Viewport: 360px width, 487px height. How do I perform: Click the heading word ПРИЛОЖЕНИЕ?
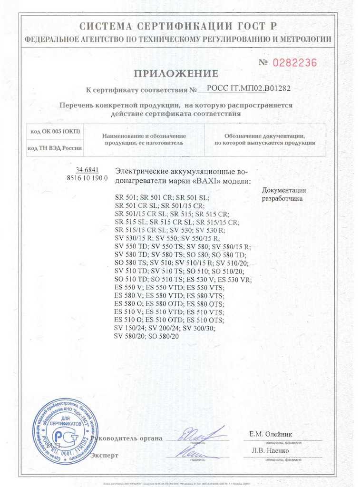(176, 73)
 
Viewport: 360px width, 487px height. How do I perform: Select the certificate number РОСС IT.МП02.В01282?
(249, 88)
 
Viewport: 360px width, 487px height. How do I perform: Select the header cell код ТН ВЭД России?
(55, 148)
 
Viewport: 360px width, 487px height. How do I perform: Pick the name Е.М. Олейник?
(271, 434)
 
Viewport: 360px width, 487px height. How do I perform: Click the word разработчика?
(282, 199)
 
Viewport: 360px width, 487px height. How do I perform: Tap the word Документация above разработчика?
(284, 190)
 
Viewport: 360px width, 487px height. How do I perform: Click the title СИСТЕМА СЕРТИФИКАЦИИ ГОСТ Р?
(178, 26)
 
